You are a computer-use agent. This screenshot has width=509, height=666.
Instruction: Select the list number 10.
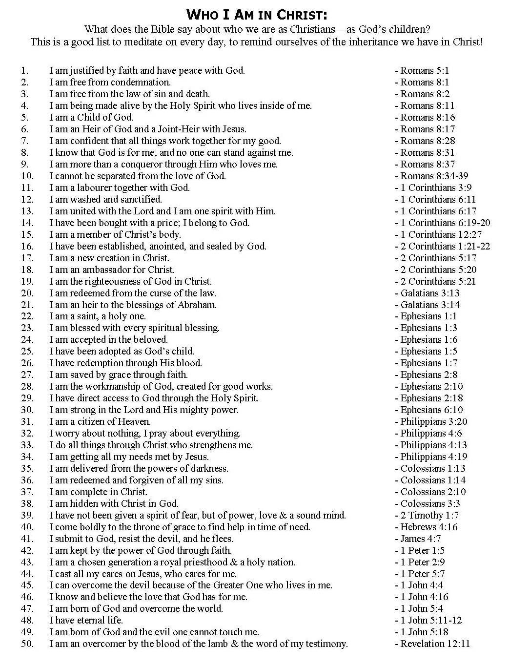[x=27, y=176]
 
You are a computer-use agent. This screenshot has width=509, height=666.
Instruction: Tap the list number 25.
[x=27, y=351]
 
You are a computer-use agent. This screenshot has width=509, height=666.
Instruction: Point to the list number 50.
[x=27, y=644]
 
